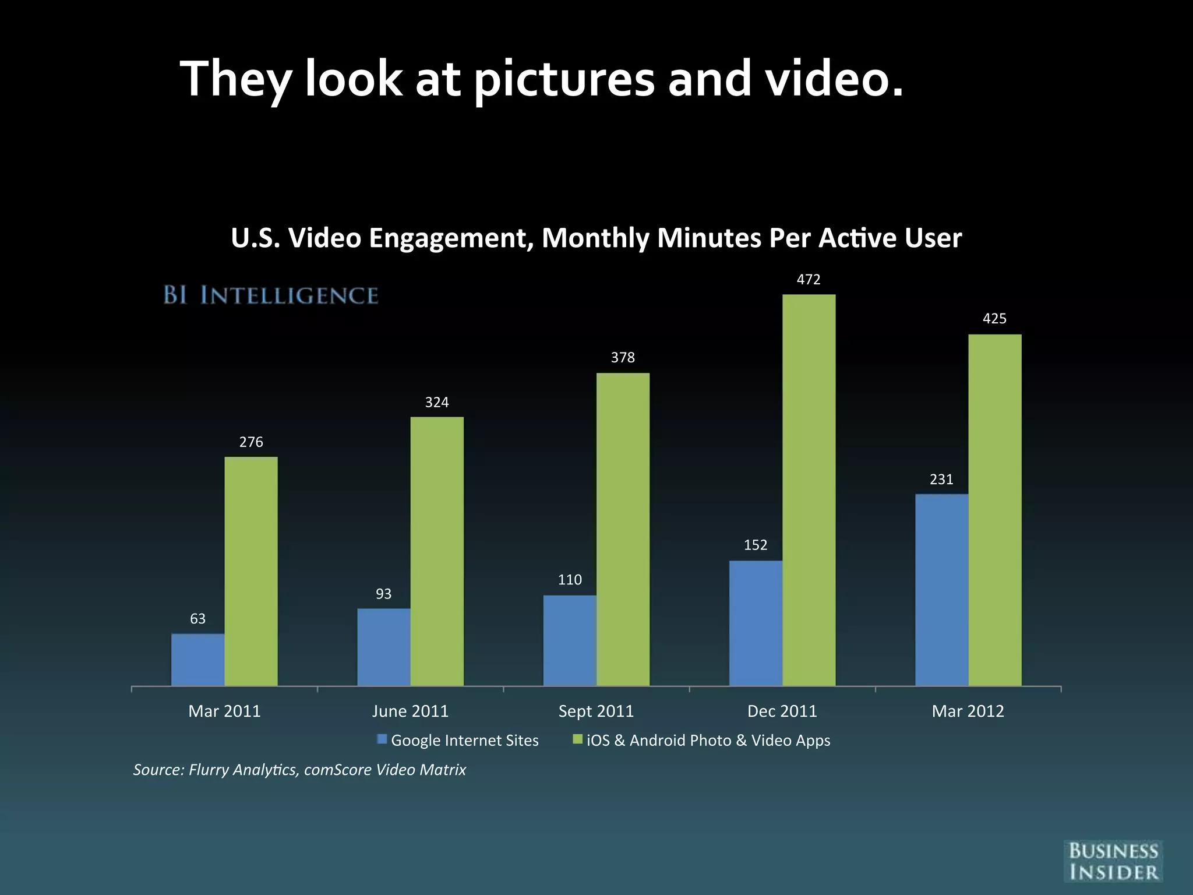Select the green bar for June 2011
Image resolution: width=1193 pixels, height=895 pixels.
tap(437, 551)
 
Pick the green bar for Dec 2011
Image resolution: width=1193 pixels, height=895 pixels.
tap(809, 489)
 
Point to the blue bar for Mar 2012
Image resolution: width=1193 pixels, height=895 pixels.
tap(941, 590)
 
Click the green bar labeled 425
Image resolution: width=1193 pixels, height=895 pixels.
tap(994, 510)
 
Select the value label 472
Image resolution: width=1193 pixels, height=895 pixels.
tap(809, 280)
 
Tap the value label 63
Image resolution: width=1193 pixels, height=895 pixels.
tap(198, 619)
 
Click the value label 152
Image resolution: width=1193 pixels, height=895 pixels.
tap(756, 545)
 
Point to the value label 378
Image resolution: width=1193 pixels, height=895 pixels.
tap(623, 357)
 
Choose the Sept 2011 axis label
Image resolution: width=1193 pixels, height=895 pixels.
tap(596, 711)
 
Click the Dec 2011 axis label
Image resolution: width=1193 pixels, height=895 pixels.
tap(782, 711)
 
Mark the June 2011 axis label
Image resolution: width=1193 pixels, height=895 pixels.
tap(410, 711)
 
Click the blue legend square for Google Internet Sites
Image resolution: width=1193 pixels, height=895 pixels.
tap(382, 739)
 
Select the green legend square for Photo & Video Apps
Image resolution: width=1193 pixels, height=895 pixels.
tap(578, 739)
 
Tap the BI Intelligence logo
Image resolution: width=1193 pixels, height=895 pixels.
tap(271, 295)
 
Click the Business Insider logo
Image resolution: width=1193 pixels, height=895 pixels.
tap(1113, 861)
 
